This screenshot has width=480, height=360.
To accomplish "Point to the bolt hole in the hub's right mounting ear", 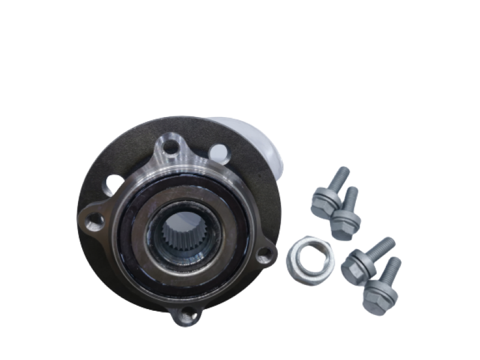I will click(263, 257).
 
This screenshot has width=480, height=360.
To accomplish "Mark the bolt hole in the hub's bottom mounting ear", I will click(188, 313).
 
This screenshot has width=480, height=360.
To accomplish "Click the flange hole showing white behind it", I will click(220, 149).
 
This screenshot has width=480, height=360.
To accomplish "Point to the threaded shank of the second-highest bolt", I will click(350, 198).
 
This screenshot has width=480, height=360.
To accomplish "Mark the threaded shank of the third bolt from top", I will click(381, 245).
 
